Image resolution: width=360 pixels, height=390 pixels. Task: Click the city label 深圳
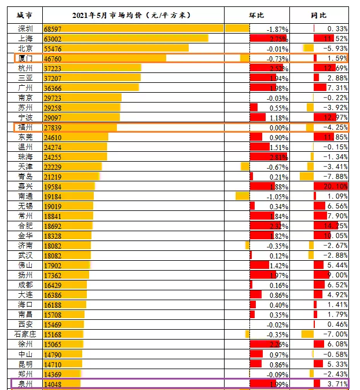pos(25,28)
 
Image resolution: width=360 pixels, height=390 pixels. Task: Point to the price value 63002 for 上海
pos(54,38)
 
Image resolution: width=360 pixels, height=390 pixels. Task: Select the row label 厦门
pos(25,58)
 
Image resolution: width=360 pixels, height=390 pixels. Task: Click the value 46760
pos(54,59)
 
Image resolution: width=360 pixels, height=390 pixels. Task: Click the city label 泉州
pos(25,384)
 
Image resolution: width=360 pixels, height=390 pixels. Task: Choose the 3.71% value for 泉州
pos(336,384)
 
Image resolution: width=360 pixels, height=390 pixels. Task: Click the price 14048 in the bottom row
pos(54,384)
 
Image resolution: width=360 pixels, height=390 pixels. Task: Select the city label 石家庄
pos(25,334)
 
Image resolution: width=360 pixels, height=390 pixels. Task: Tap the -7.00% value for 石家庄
pos(335,334)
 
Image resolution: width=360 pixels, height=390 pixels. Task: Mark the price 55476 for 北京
pos(54,48)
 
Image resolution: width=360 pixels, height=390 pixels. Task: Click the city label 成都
pos(25,285)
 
